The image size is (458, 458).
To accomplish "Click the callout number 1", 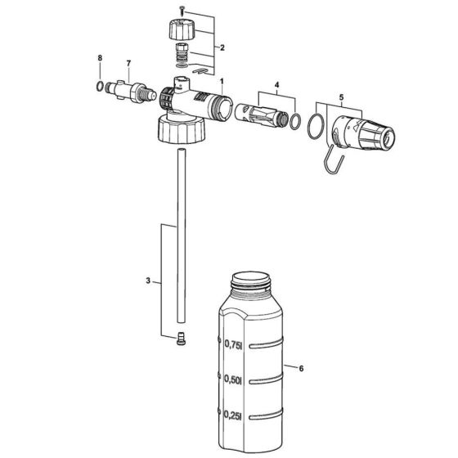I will (220, 83).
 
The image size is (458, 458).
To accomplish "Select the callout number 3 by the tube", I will (148, 281).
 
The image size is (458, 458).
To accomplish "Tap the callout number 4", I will (276, 85).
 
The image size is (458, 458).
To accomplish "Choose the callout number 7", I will (128, 63).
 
